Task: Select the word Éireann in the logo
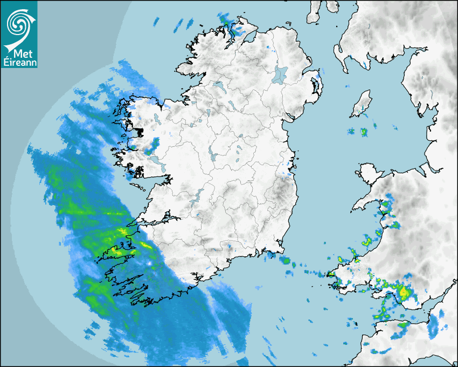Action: coord(19,63)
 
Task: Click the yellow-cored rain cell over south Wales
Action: coord(403,293)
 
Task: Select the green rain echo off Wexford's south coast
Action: coord(286,261)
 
